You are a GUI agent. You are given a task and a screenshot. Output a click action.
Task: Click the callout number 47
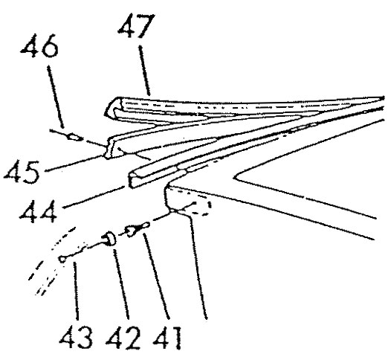coord(137,26)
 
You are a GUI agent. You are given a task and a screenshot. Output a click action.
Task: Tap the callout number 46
coord(39,45)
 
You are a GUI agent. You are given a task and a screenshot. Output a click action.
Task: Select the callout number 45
coord(22,172)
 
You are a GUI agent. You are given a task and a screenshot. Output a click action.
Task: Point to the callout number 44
coord(38,211)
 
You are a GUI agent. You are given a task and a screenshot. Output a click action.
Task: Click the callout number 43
coord(76,337)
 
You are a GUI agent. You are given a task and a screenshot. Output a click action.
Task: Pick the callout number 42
coord(123,337)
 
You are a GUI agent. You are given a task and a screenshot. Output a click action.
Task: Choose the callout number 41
coord(167,337)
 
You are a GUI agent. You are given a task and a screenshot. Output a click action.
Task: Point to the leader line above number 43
coord(77,291)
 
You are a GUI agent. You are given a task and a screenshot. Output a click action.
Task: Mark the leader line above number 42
coord(121,284)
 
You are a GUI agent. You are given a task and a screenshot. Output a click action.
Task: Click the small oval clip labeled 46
coord(75,137)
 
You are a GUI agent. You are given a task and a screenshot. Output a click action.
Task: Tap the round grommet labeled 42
coord(110,238)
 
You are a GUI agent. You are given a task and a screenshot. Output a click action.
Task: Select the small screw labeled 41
coord(138,229)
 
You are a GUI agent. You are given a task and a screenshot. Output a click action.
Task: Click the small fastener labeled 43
coord(63,259)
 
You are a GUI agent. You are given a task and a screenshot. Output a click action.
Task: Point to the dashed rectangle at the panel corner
coord(201,208)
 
